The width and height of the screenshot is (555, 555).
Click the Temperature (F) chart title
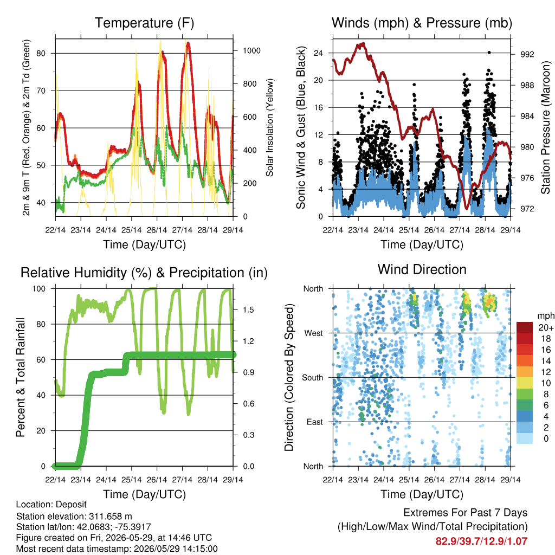(x=144, y=23)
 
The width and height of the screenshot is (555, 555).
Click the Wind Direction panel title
(x=422, y=269)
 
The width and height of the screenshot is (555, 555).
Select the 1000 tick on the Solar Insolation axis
(x=251, y=50)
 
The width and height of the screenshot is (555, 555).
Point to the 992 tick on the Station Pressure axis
(x=527, y=54)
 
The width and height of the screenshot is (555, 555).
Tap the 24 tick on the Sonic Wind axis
(x=318, y=53)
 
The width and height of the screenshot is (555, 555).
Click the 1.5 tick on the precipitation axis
(x=248, y=309)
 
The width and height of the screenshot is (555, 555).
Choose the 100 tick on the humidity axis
(x=39, y=289)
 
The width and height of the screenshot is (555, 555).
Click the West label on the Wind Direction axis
(x=314, y=333)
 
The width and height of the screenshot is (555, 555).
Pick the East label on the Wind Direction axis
(x=315, y=422)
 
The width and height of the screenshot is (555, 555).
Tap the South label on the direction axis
(x=313, y=378)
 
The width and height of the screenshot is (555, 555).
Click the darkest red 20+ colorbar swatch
(x=524, y=327)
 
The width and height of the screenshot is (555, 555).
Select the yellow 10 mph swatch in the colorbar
(x=524, y=383)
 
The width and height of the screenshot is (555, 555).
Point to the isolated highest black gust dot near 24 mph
(x=489, y=53)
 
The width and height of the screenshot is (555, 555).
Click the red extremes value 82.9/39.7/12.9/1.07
(x=481, y=541)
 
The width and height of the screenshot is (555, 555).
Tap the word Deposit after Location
(x=71, y=505)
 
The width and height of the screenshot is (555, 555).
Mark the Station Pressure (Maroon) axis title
(x=546, y=127)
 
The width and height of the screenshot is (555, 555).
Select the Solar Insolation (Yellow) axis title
(x=270, y=127)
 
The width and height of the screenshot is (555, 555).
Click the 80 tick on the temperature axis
(x=41, y=54)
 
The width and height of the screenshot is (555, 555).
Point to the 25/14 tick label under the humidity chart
(x=131, y=480)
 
